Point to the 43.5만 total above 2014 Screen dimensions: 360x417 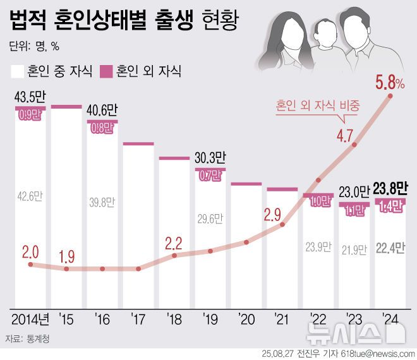point(30,99)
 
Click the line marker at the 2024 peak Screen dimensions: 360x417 point(390,96)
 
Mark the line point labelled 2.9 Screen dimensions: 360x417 point(282,223)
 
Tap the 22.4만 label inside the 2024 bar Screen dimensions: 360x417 point(390,247)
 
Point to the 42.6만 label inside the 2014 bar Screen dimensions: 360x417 point(30,196)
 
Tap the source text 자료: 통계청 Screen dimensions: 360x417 point(31,339)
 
